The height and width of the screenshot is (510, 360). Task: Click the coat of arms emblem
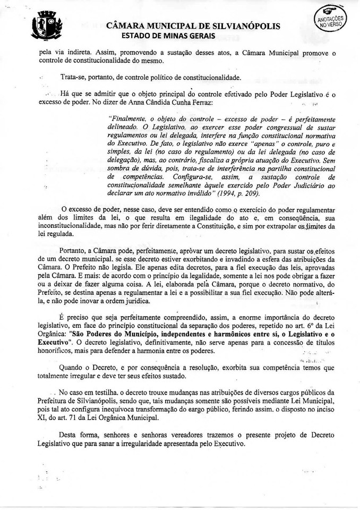coord(47,27)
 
